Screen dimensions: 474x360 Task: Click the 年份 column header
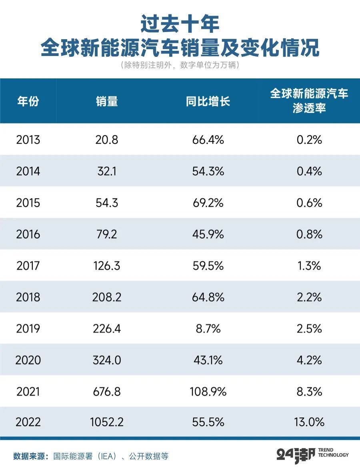(28, 101)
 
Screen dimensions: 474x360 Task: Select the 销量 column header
(107, 101)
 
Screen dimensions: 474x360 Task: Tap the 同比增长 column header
(208, 101)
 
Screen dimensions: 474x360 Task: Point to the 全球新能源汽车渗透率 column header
(309, 101)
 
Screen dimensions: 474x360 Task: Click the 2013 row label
(28, 140)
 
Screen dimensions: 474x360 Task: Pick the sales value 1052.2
(107, 422)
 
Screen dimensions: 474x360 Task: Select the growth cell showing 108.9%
(208, 391)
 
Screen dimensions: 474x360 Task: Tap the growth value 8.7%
(208, 328)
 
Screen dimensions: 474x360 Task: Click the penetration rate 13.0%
(309, 422)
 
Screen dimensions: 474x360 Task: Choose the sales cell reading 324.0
(107, 360)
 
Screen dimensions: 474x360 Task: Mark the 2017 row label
(28, 266)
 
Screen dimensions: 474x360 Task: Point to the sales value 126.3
(107, 266)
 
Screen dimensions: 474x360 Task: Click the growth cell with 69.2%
(208, 203)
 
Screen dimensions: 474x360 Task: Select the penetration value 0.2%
(309, 140)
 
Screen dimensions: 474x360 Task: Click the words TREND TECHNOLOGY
(333, 452)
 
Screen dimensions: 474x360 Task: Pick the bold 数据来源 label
(30, 456)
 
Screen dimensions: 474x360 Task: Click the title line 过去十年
(180, 24)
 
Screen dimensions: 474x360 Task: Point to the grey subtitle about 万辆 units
(180, 65)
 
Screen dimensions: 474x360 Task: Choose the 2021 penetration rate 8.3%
(309, 391)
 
